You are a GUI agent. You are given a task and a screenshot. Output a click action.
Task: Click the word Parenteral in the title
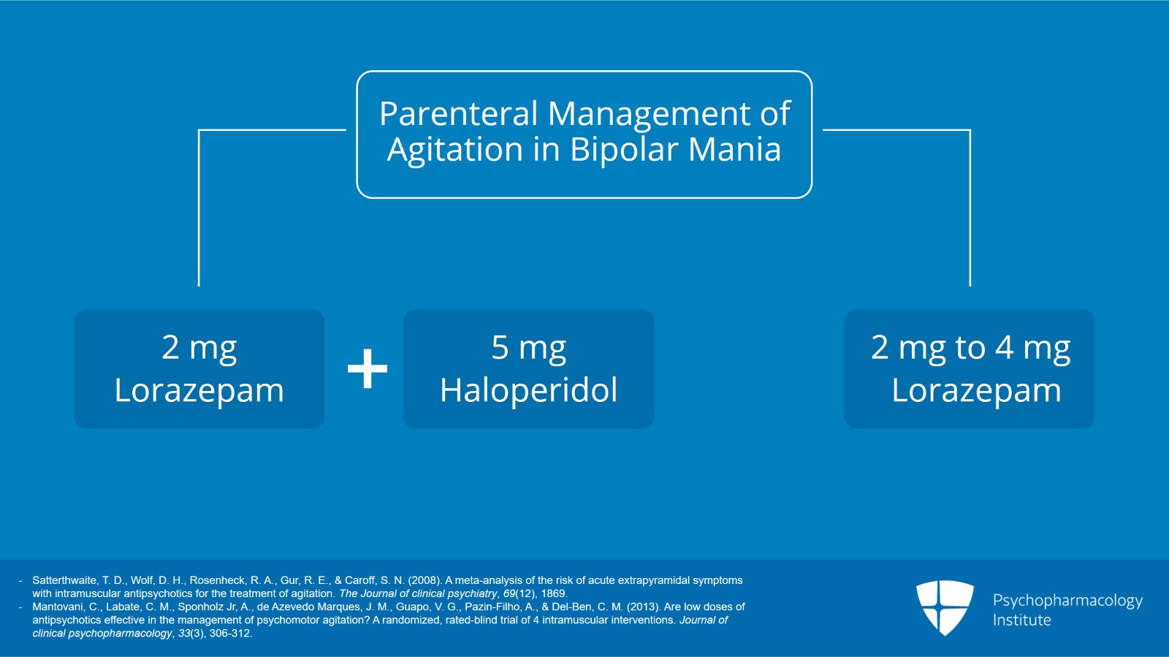pos(458,114)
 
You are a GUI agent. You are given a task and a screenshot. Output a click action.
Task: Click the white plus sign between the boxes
pos(368,368)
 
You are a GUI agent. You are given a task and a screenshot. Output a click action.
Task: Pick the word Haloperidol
pos(528,390)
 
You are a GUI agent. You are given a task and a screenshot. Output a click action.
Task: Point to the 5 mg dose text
pos(528,347)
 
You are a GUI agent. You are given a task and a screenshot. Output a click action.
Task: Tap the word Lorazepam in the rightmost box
pos(975,390)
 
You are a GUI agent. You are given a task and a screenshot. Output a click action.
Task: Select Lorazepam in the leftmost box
pos(199,390)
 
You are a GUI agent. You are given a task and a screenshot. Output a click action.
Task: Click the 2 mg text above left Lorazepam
pos(199,347)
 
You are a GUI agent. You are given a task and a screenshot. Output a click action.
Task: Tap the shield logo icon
pos(945,607)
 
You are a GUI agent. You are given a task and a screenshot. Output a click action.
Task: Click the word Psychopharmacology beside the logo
pos(1067,601)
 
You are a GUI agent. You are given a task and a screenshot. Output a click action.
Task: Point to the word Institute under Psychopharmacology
pos(1021,620)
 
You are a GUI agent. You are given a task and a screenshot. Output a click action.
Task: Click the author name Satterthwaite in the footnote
pos(64,580)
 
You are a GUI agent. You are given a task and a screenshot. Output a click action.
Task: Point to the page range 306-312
pos(229,634)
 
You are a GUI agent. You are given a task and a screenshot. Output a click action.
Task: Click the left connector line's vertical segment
pos(199,212)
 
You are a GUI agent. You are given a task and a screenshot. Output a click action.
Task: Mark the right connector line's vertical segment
pos(970,212)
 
